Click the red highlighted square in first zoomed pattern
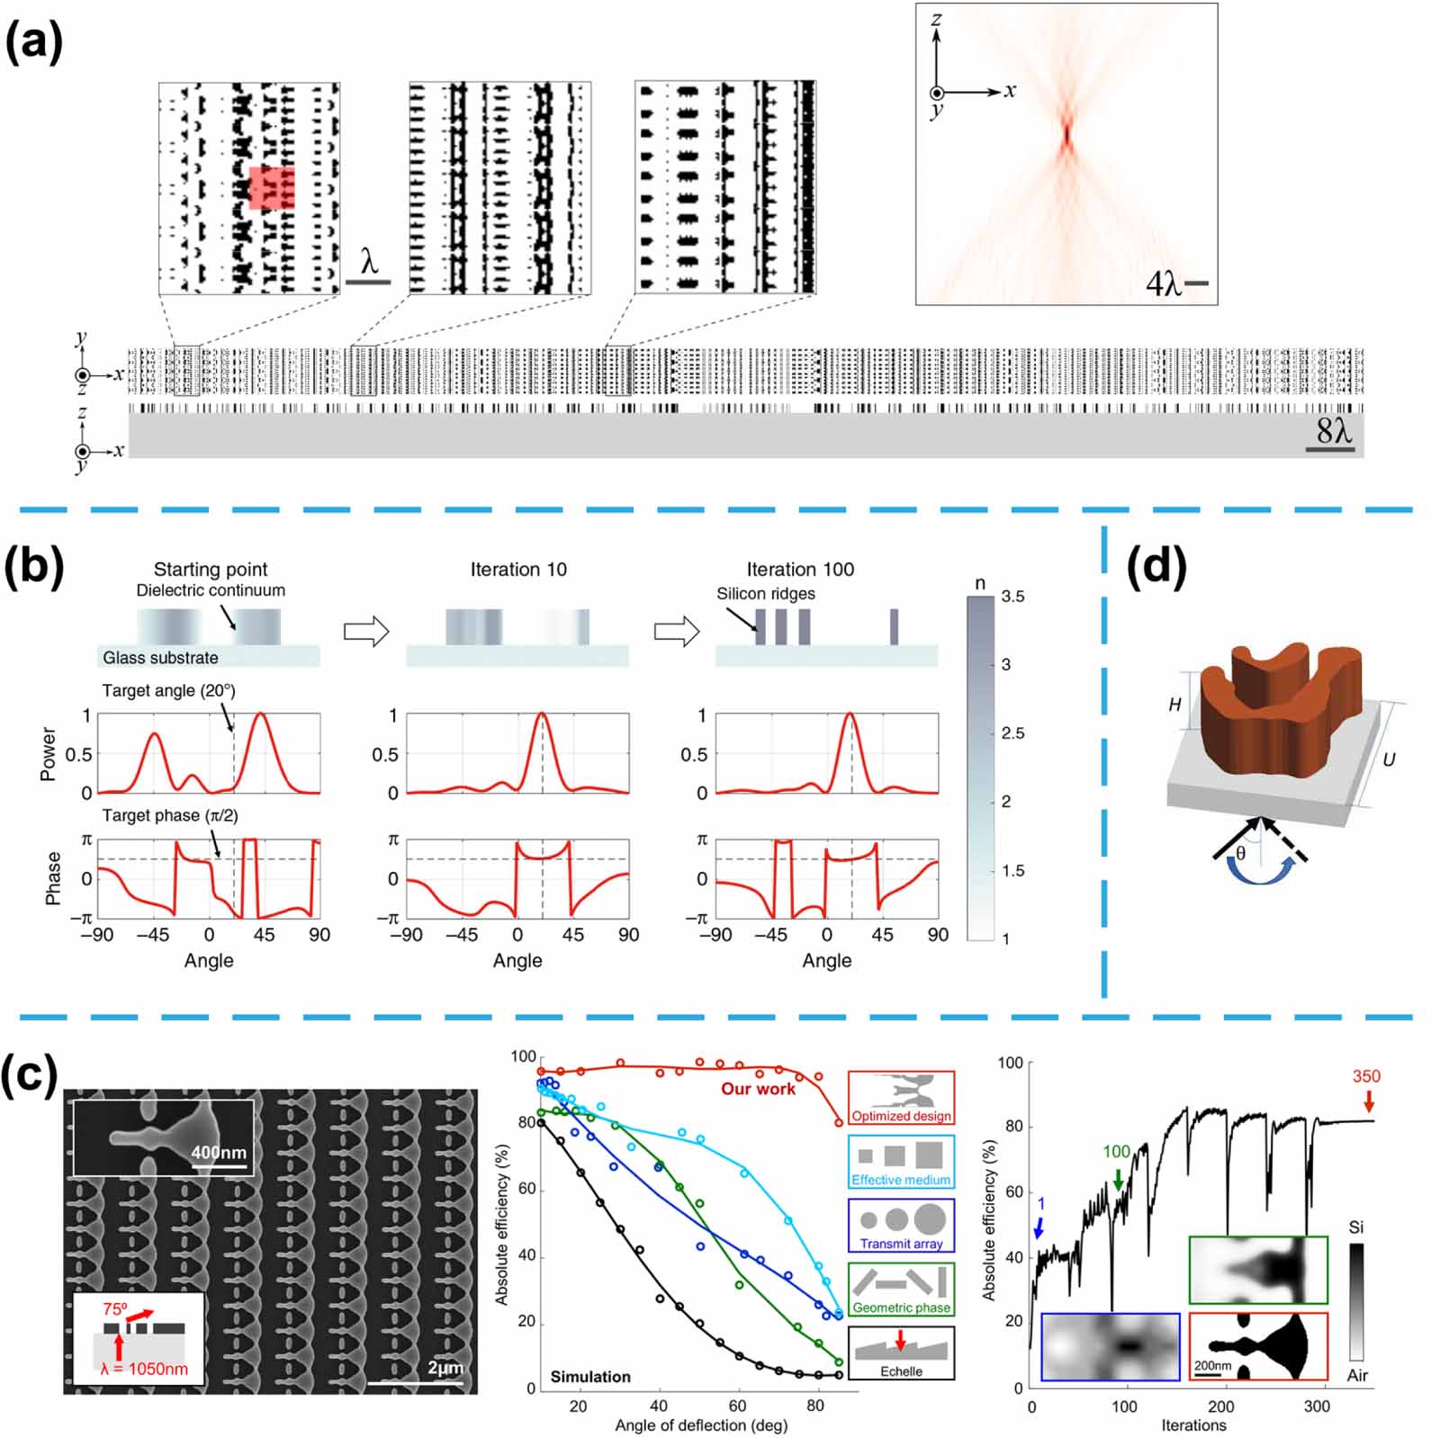click(272, 187)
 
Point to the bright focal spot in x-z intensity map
click(1066, 135)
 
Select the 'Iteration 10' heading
click(518, 570)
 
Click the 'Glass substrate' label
click(160, 658)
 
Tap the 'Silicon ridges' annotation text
click(766, 594)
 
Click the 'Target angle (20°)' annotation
click(168, 691)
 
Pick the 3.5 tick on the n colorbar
click(1012, 597)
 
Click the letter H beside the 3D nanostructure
click(1174, 705)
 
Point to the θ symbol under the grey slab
click(1240, 852)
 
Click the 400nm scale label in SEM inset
click(219, 1152)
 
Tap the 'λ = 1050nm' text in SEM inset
click(145, 1369)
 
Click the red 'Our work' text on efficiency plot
click(758, 1089)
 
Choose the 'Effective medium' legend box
click(901, 1162)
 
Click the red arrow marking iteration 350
click(1369, 1101)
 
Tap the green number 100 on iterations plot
click(1116, 1152)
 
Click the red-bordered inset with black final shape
click(1258, 1346)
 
